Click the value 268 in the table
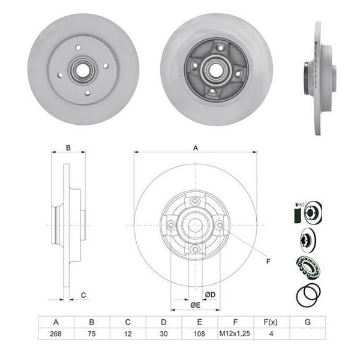56,333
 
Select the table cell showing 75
92,333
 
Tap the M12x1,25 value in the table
235,333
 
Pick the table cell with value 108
199,333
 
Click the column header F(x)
271,322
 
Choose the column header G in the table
307,322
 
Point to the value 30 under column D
163,333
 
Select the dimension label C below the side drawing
83,295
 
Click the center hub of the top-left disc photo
83,69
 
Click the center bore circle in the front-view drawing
195,225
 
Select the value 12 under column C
128,333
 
